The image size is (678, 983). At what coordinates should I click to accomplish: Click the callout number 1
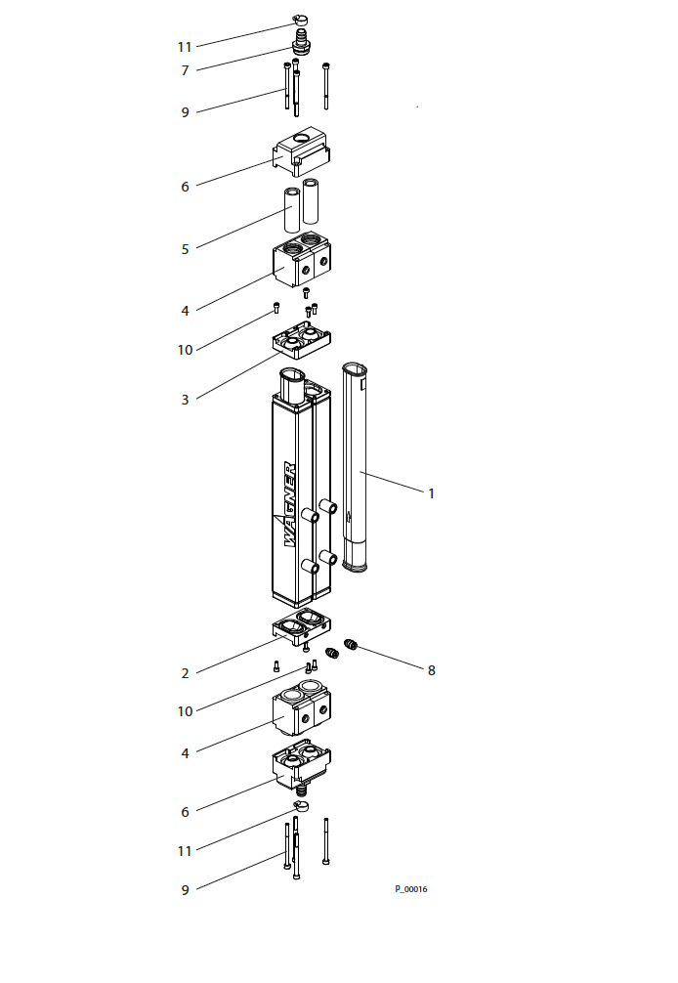[x=431, y=494]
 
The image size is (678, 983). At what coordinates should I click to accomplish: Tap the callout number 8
[x=431, y=670]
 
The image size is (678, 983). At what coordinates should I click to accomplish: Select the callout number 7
[x=185, y=70]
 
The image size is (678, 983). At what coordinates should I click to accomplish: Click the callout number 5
[x=185, y=249]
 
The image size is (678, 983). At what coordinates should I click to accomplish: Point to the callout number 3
[x=185, y=400]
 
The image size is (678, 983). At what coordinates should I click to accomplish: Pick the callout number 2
[x=185, y=674]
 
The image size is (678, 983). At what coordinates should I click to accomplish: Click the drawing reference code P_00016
[x=411, y=889]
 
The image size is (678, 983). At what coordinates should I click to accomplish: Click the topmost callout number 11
[x=185, y=47]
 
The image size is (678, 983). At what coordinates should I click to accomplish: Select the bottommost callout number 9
[x=185, y=890]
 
